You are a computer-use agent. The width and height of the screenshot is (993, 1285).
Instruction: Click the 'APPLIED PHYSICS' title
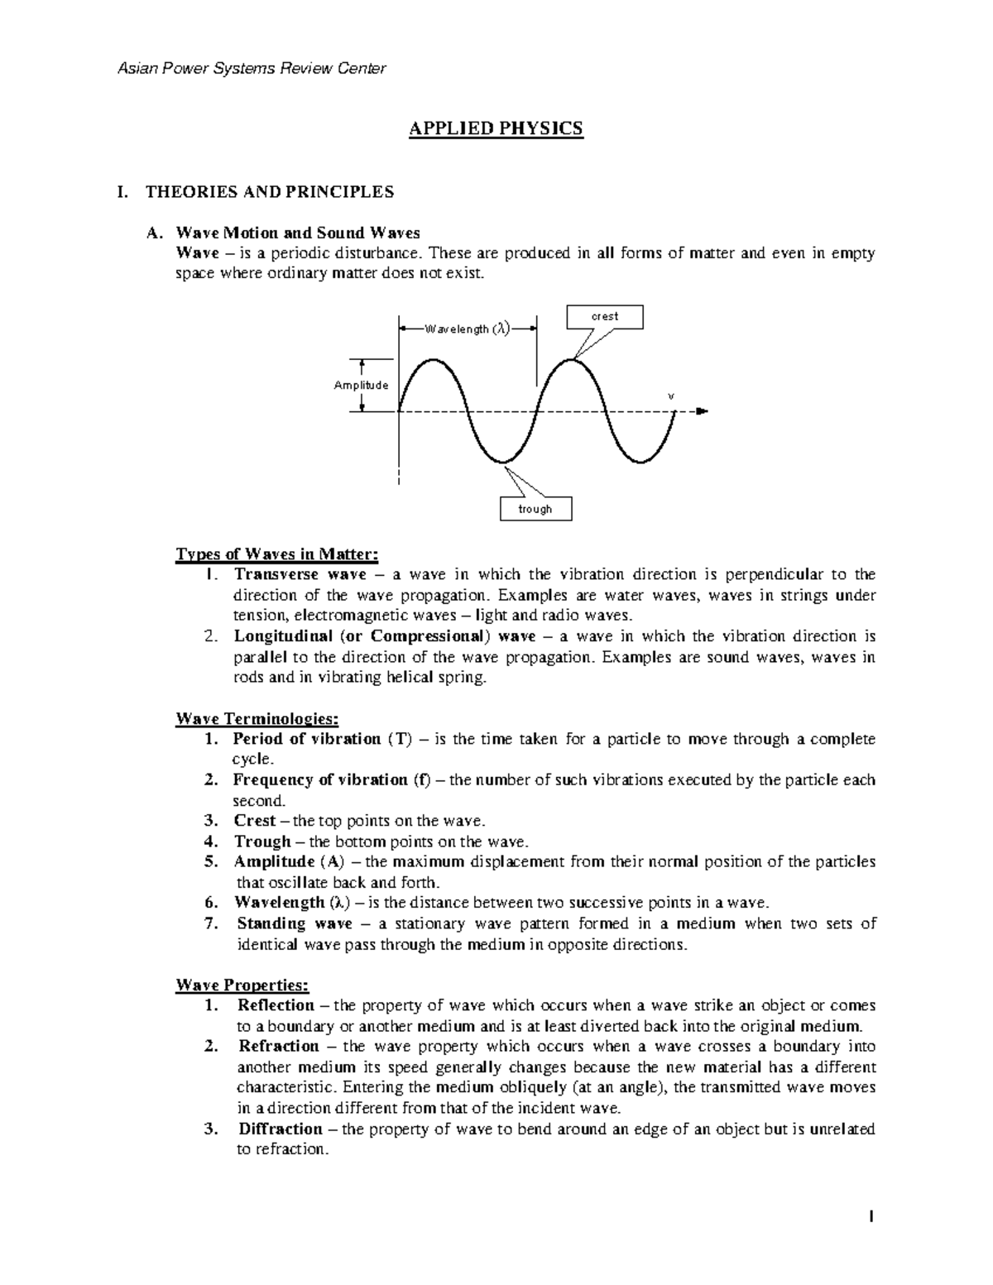[496, 129]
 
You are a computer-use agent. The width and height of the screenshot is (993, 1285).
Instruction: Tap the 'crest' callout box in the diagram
[604, 317]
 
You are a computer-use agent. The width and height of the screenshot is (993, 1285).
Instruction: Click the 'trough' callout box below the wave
[535, 509]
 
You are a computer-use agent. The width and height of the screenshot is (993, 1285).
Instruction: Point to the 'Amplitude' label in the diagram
[361, 386]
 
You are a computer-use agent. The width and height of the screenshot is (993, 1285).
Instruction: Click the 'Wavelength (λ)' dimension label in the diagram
[467, 328]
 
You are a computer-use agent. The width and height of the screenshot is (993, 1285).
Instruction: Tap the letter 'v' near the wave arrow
[671, 396]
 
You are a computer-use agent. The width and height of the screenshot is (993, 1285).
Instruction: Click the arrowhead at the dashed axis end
[702, 411]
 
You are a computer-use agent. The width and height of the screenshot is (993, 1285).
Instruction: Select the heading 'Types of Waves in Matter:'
[277, 554]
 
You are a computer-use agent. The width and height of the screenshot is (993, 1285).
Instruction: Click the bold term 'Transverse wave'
[300, 574]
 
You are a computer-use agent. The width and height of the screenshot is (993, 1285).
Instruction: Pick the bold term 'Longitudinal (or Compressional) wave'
[374, 636]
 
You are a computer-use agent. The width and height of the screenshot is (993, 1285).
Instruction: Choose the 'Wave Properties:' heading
[243, 985]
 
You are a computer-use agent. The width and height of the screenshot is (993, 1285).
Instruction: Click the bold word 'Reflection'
[276, 1005]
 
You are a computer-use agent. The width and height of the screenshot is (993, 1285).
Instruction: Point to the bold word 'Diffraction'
[281, 1129]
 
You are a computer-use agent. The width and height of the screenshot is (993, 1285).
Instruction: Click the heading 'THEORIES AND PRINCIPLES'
[270, 192]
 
